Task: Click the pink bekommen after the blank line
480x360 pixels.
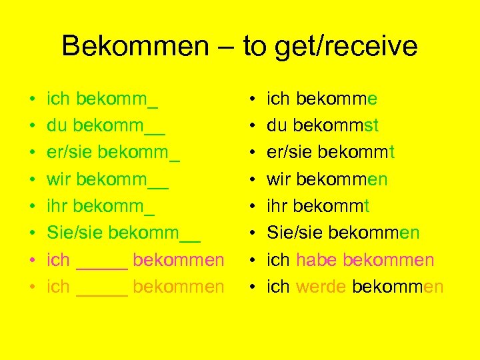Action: [x=179, y=260]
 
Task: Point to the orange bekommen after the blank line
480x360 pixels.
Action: [x=179, y=287]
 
